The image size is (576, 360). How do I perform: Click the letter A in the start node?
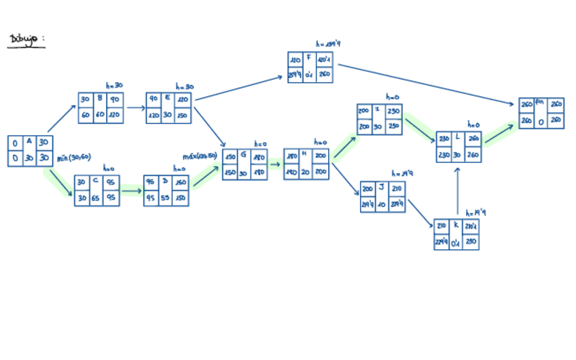click(29, 142)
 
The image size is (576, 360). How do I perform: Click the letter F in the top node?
click(308, 58)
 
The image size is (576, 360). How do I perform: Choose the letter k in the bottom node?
click(456, 225)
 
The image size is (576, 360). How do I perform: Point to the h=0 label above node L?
click(473, 124)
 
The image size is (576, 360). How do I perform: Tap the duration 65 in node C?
click(96, 198)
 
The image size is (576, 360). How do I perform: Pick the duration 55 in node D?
click(165, 198)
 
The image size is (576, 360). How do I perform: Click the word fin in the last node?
click(540, 103)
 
